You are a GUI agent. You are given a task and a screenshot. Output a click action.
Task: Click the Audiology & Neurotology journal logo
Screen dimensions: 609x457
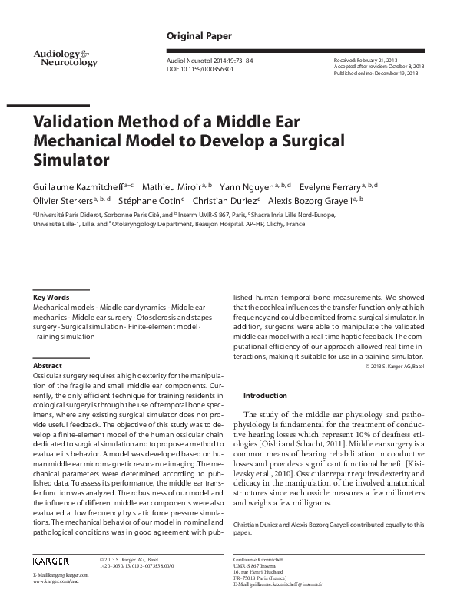65,57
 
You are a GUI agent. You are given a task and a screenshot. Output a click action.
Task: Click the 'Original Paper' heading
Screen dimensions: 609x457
196,37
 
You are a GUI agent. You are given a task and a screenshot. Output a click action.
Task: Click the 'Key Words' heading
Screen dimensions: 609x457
51,297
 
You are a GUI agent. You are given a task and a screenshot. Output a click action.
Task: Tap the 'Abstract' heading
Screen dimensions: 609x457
48,366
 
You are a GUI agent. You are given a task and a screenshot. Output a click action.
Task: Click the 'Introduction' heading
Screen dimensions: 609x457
265,396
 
